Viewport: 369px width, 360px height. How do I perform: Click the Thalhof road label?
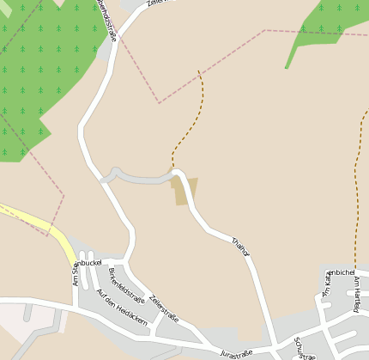[240, 247]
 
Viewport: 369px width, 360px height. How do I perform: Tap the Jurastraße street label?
[236, 353]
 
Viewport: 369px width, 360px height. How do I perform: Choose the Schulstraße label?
[304, 347]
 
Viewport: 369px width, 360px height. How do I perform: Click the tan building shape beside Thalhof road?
[184, 190]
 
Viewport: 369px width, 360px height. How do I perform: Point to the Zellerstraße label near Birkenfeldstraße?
[163, 308]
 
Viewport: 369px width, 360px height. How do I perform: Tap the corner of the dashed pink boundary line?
[159, 102]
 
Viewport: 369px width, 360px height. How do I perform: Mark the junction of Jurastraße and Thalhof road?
[271, 347]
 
